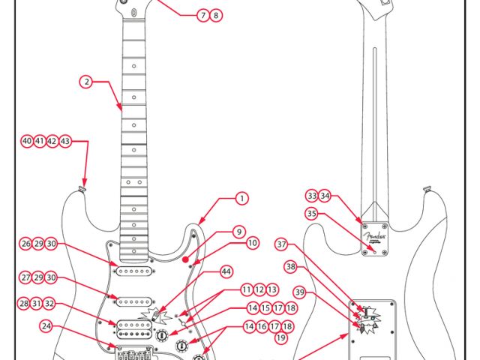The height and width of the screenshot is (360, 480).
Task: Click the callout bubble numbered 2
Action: [x=87, y=82]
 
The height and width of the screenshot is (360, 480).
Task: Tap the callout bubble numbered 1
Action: [x=241, y=198]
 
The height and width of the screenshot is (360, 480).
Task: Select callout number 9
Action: [x=238, y=232]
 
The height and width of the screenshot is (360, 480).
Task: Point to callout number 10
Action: [x=253, y=243]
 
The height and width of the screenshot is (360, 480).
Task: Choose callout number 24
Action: [x=47, y=326]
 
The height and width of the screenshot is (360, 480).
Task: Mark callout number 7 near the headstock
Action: [x=202, y=15]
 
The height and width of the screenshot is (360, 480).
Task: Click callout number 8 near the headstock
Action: [x=216, y=15]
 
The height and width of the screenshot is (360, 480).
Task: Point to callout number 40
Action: [x=27, y=141]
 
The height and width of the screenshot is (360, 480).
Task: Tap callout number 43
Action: [x=65, y=141]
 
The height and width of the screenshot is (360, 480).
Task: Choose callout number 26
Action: [x=26, y=244]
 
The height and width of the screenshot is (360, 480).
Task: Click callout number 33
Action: [x=311, y=196]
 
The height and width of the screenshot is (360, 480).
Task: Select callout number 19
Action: [x=281, y=338]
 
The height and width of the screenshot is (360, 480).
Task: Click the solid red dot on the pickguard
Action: [x=184, y=259]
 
